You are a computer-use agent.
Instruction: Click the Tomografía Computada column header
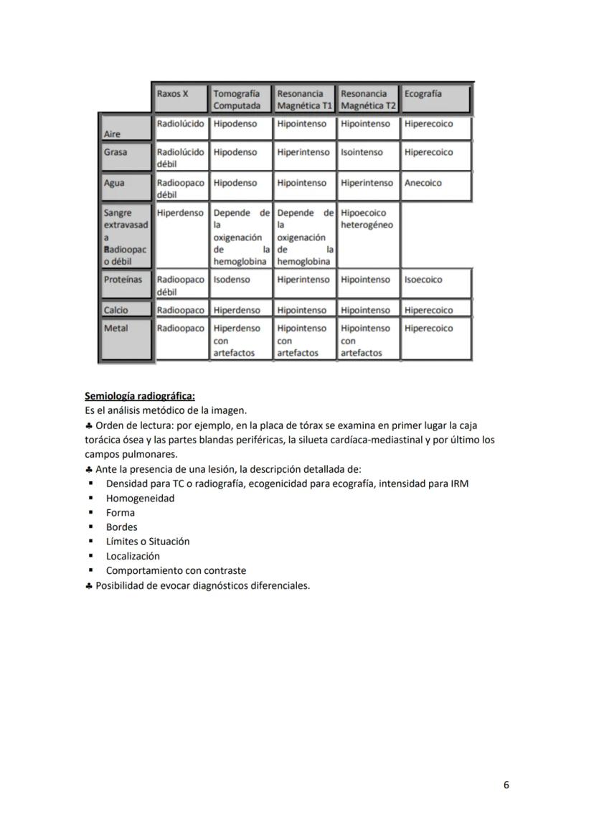pos(237,99)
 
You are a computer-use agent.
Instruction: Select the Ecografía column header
pos(423,94)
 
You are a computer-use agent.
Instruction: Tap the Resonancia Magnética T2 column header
pos(368,99)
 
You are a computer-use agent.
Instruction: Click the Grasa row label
pos(115,153)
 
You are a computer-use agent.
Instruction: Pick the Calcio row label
pos(116,311)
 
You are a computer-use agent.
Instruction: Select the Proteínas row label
pos(123,280)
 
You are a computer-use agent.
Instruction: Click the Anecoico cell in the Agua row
pos(423,183)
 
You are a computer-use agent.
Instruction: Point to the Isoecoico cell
pos(423,280)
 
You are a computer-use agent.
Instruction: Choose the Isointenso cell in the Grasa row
pos(362,152)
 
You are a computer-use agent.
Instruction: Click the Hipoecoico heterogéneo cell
pos(367,219)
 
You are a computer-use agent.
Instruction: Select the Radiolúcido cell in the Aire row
pos(180,124)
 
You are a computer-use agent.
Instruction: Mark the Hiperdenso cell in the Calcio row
pos(237,311)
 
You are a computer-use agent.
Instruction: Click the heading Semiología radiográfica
pos(139,396)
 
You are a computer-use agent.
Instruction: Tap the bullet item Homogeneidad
pos(140,498)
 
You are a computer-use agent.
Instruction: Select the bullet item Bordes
pos(121,527)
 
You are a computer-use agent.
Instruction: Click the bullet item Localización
pos(133,556)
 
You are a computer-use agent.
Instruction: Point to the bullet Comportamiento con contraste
pos(176,571)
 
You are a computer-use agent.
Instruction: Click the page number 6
pos(506,785)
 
